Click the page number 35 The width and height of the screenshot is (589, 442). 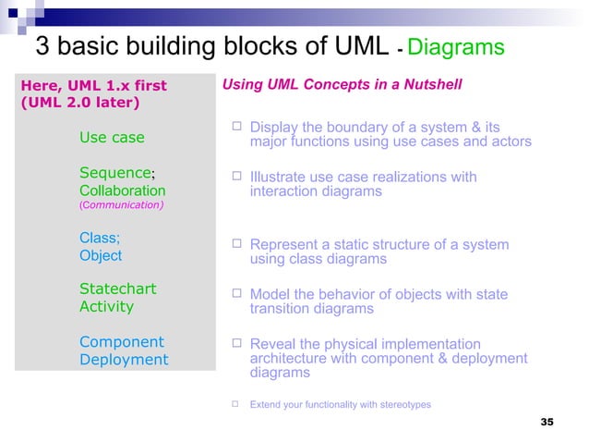546,422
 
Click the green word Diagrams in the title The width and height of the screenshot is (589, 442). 455,47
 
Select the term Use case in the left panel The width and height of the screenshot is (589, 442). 112,138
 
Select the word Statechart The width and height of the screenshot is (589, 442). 118,289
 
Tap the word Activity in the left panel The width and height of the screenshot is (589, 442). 106,306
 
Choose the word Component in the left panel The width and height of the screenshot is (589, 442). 122,341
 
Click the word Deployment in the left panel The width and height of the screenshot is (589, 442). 124,360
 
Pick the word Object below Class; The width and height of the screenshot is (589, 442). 101,255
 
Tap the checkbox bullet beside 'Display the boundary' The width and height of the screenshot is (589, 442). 236,126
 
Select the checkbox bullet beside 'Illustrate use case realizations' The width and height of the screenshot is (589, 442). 236,177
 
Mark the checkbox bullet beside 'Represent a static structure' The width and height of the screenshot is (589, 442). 236,245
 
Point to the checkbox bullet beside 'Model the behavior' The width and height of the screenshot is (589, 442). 236,295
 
